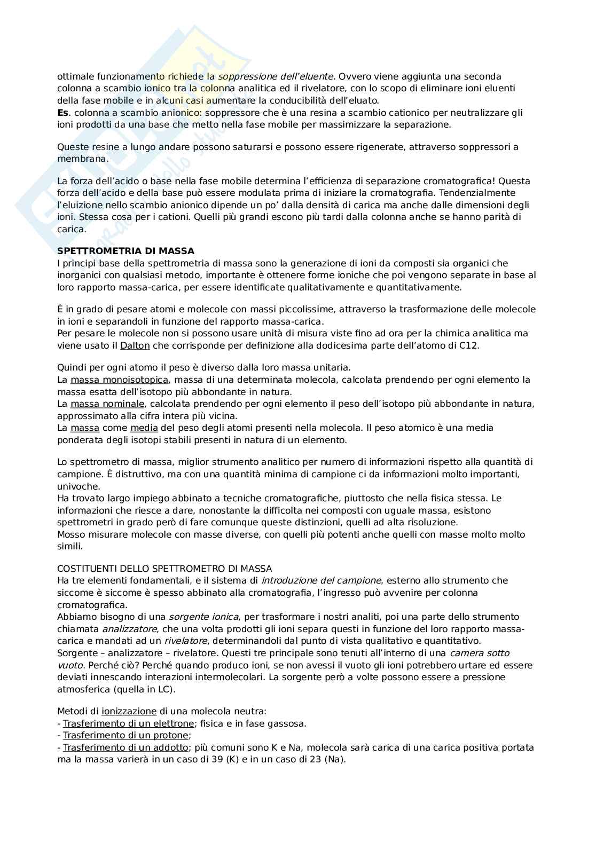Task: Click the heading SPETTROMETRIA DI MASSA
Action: tap(126, 251)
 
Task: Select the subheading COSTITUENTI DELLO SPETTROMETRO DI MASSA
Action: tap(164, 569)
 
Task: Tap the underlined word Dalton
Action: tap(135, 345)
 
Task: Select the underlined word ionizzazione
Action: tap(129, 711)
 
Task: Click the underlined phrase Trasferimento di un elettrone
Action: tap(128, 723)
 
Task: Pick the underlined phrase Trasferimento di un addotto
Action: tap(126, 747)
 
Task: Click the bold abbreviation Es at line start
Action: tap(62, 113)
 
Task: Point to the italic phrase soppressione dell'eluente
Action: tap(276, 76)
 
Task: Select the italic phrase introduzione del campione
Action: tap(321, 580)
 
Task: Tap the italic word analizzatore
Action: tap(129, 629)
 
